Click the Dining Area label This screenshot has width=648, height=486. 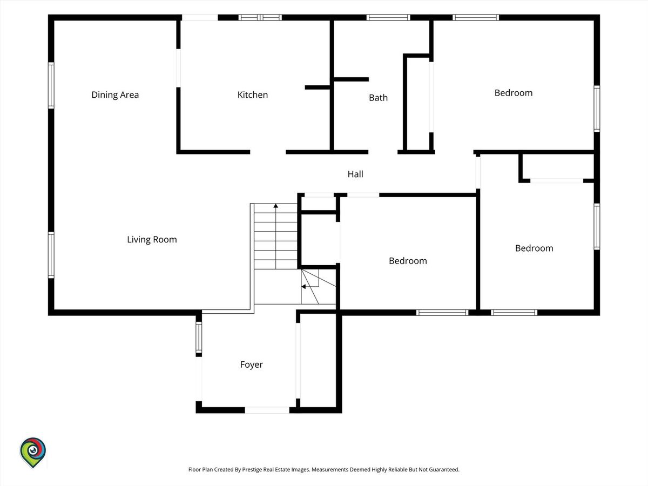click(x=115, y=95)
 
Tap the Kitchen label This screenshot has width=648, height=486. click(x=253, y=95)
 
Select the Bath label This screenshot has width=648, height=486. click(x=378, y=98)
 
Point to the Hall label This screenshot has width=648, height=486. click(x=355, y=174)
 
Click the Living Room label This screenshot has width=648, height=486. click(x=152, y=240)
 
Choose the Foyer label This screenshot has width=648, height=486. click(x=252, y=364)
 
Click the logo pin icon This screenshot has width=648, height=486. click(x=33, y=453)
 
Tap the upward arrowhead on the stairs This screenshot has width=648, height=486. click(x=276, y=206)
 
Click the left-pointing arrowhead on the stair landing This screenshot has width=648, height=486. click(x=303, y=287)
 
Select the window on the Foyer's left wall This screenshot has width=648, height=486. click(x=199, y=337)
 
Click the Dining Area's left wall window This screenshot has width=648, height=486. click(x=51, y=85)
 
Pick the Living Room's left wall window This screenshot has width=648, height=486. click(x=51, y=255)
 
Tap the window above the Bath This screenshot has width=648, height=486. click(x=388, y=17)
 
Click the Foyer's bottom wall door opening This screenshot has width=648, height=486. click(x=267, y=410)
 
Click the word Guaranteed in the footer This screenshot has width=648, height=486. click(x=444, y=469)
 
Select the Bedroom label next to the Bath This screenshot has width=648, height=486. click(x=514, y=93)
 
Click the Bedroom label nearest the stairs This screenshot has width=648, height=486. click(x=408, y=261)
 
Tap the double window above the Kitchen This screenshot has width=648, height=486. click(x=260, y=17)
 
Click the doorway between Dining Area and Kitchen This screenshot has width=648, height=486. click(x=178, y=68)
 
